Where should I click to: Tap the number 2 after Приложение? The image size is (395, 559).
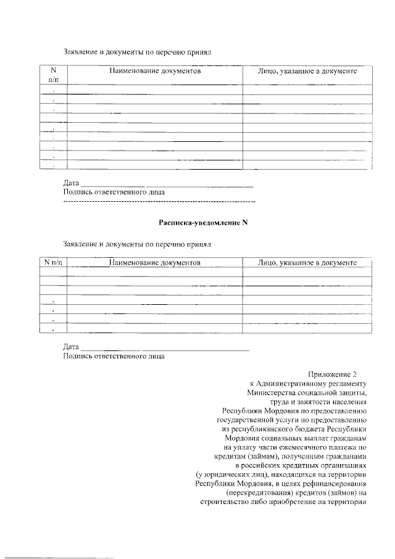(355, 374)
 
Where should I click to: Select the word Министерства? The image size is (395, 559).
(272, 392)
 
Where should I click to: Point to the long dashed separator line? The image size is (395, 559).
(159, 201)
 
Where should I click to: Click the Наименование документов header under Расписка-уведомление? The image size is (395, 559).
(156, 263)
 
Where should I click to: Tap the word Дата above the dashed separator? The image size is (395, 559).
(72, 183)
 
